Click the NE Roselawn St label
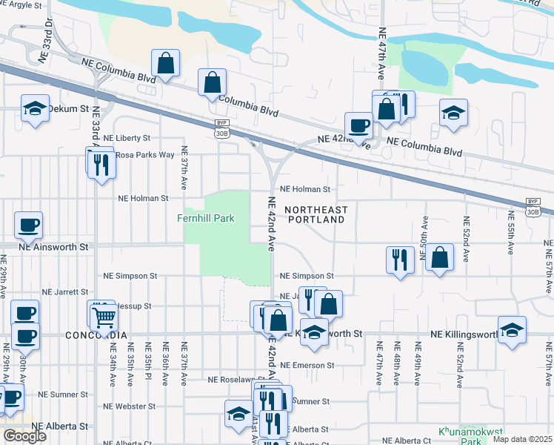click(x=236, y=379)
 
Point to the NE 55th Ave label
click(x=511, y=231)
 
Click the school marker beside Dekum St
click(x=34, y=109)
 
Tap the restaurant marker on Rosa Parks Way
click(x=100, y=164)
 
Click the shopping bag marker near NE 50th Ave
click(x=439, y=258)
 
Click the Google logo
click(x=25, y=436)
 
